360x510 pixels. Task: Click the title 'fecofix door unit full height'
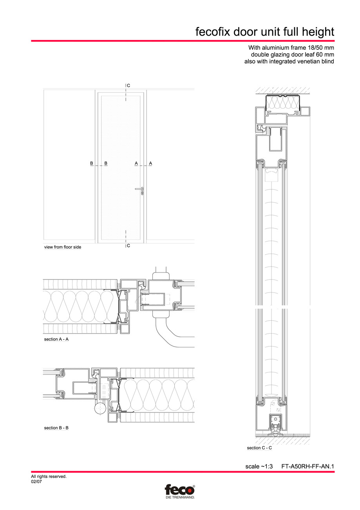(265, 32)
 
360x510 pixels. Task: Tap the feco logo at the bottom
(179, 490)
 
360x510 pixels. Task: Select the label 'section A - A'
(56, 339)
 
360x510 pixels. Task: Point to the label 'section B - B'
(56, 428)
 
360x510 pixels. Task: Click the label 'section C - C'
(259, 448)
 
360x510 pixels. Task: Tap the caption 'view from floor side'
(63, 247)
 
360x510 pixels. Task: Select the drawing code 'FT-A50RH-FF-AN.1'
(308, 466)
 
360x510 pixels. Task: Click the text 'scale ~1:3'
(259, 466)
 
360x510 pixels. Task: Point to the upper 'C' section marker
(128, 85)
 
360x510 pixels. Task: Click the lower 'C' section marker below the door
(128, 246)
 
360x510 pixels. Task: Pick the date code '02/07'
(36, 482)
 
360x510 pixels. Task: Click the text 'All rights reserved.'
(49, 477)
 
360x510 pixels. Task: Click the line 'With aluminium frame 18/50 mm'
(291, 48)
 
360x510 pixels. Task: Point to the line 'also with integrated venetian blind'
(289, 62)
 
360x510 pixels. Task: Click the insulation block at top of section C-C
(283, 103)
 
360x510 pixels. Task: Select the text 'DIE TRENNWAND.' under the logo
(179, 497)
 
